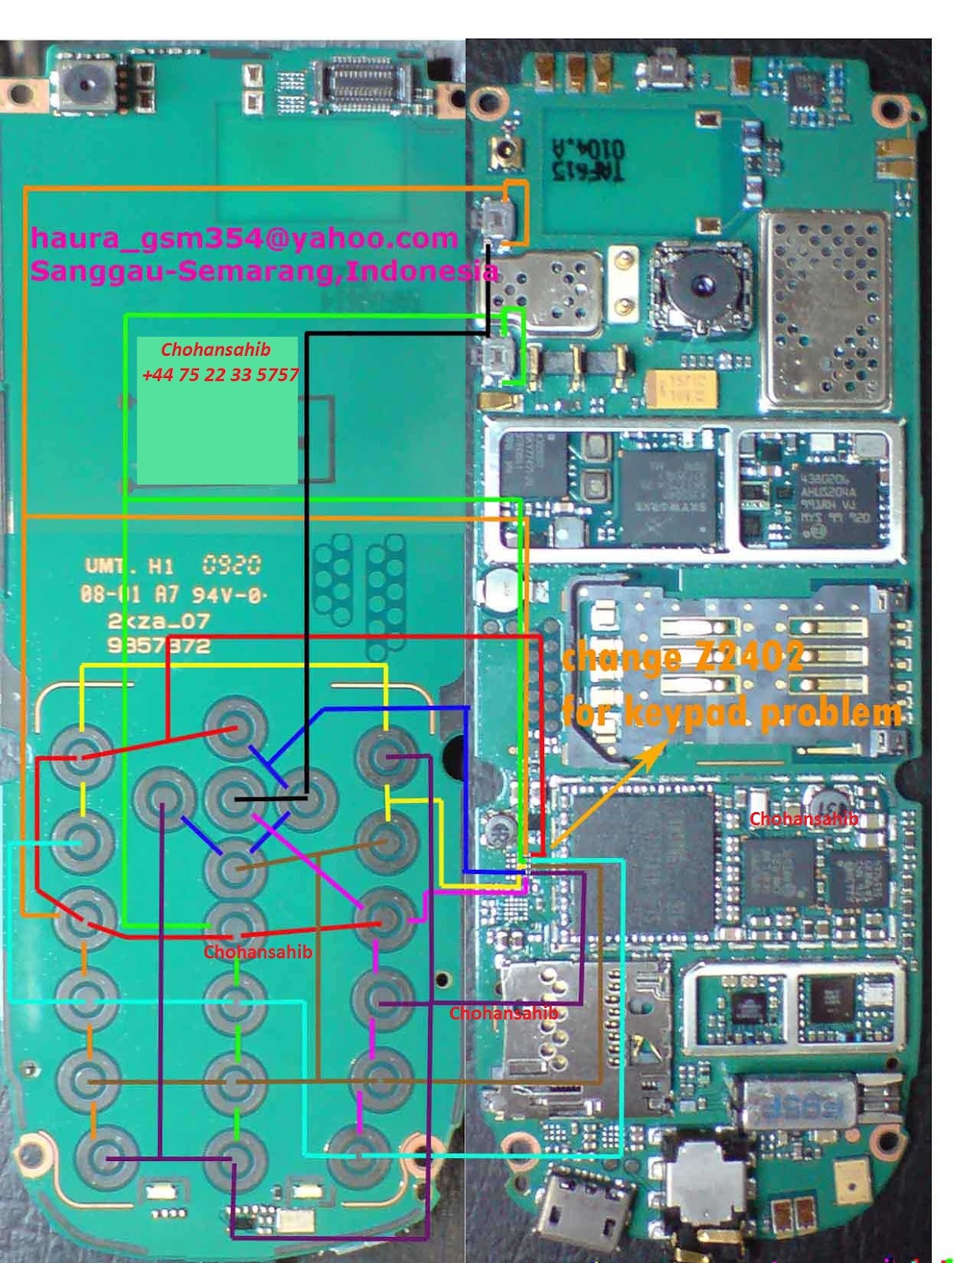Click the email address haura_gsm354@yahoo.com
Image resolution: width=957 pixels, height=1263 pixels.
(244, 238)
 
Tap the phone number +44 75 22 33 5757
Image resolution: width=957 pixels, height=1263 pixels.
(220, 374)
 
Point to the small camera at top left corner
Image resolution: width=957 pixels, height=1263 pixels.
(82, 81)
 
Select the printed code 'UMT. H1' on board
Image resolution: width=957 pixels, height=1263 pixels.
(129, 565)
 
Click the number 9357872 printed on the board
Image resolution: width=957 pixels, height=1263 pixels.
(159, 646)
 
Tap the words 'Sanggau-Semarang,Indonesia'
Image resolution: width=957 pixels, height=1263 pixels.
(264, 271)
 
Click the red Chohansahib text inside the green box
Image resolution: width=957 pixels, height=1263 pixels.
(216, 349)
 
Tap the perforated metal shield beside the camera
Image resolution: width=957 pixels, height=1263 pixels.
(825, 309)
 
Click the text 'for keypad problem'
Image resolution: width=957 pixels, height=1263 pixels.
(731, 712)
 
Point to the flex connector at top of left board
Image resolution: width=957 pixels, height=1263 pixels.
(364, 81)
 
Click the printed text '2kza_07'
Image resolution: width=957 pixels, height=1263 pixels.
(159, 620)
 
